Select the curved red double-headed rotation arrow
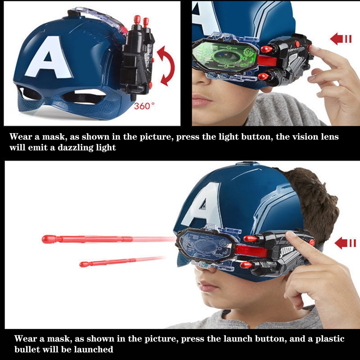click(x=166, y=66)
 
